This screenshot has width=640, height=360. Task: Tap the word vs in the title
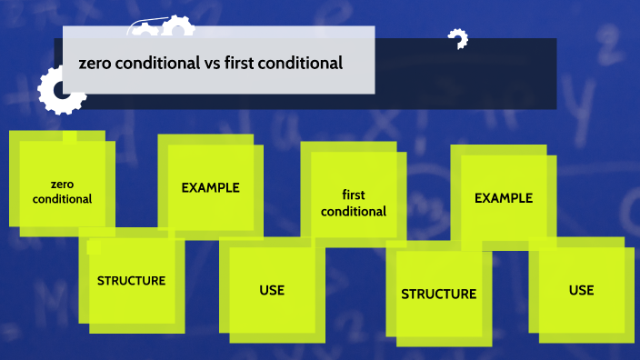point(210,64)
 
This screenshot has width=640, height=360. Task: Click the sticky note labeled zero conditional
point(62,182)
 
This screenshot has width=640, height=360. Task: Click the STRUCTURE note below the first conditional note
point(439,294)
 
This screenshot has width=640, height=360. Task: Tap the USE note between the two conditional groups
point(272,291)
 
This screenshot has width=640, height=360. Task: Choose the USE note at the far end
point(582,291)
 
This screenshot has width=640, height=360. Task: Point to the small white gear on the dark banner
point(457,39)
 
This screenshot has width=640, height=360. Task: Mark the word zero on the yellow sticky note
point(62,184)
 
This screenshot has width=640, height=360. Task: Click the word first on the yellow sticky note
point(354,195)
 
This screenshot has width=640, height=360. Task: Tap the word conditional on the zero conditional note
point(62,198)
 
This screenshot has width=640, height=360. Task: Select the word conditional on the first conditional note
point(354,211)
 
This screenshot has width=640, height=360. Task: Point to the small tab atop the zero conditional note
point(69,136)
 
